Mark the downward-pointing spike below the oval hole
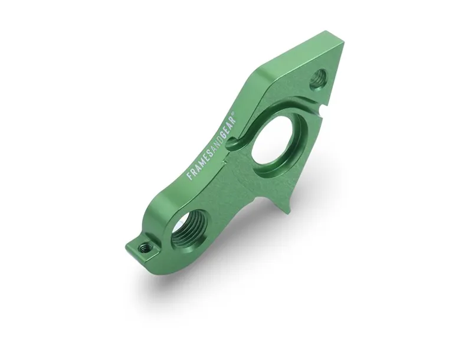[285, 201]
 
